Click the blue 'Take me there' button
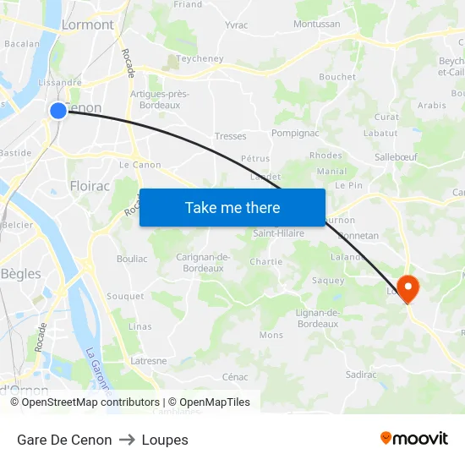pos(232,207)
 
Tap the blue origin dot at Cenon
pos(57,110)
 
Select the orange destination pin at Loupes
pos(408,287)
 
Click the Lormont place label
pos(87,25)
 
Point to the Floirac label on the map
pos(89,185)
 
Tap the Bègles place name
pos(20,273)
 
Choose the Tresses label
pos(231,136)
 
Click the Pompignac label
pos(294,134)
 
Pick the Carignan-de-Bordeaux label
pos(204,262)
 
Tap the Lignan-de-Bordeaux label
pos(318,318)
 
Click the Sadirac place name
pos(361,374)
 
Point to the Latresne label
pos(149,360)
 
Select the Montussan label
pos(316,25)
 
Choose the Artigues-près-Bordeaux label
pos(160,99)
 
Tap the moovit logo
pos(414,439)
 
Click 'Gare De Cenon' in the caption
pos(64,440)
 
